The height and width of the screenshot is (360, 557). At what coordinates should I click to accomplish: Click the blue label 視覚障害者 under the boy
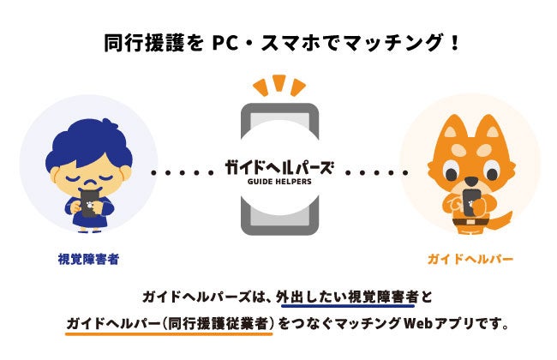[88, 257]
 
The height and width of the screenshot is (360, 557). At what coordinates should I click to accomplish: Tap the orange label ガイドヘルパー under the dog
[469, 257]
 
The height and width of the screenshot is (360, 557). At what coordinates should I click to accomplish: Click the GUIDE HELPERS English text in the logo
[278, 182]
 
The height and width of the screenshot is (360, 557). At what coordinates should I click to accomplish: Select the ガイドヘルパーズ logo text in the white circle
[278, 166]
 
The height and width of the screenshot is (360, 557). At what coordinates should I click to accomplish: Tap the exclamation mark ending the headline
[453, 41]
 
